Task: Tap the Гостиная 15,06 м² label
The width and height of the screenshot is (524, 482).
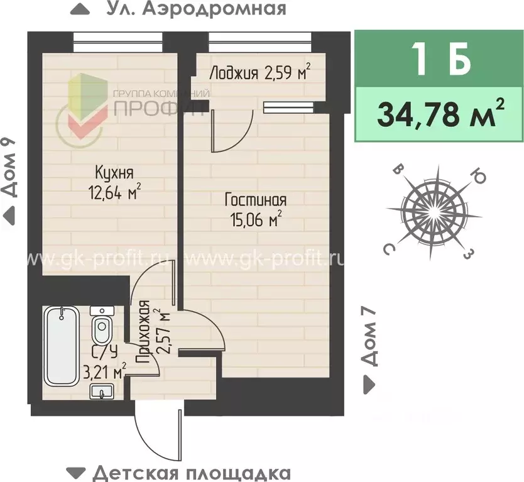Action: (x=256, y=209)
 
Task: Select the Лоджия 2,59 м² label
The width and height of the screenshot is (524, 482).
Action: (x=259, y=73)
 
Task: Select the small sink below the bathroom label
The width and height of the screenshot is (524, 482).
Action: (x=99, y=392)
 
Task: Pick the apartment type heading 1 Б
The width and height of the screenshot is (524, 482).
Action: (x=440, y=60)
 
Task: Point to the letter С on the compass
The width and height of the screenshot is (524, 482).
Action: (x=390, y=249)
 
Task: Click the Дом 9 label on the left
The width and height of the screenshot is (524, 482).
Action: (x=9, y=170)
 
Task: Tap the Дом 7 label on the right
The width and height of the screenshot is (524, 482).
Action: (x=371, y=336)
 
